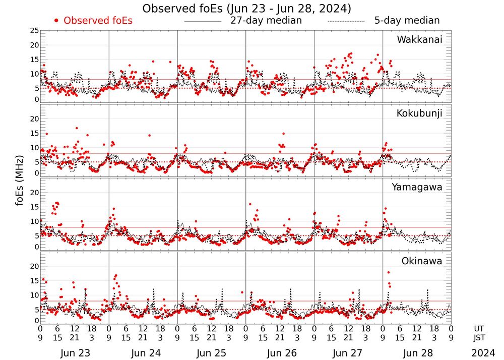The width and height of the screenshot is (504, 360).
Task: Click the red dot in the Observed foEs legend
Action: click(x=56, y=21)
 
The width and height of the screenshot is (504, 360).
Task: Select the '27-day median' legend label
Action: click(x=266, y=21)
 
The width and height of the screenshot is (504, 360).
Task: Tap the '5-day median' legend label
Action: click(x=407, y=21)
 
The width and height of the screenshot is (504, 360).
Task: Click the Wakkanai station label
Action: click(x=419, y=40)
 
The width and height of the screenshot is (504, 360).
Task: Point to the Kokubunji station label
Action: click(x=418, y=113)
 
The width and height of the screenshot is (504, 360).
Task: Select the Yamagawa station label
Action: click(x=417, y=187)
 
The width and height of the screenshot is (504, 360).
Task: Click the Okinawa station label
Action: click(x=422, y=261)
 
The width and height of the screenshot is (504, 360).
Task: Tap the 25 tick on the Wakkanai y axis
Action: click(x=34, y=31)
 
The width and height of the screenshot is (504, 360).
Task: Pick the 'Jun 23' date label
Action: click(x=75, y=353)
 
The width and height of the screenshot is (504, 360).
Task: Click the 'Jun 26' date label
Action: click(x=280, y=353)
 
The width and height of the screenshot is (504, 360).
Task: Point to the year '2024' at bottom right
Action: click(x=483, y=353)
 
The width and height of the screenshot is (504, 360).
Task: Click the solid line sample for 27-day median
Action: click(x=203, y=22)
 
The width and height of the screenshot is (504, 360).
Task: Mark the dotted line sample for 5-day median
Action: click(x=346, y=22)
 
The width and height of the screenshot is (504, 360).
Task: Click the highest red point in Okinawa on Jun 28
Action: click(x=389, y=272)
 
